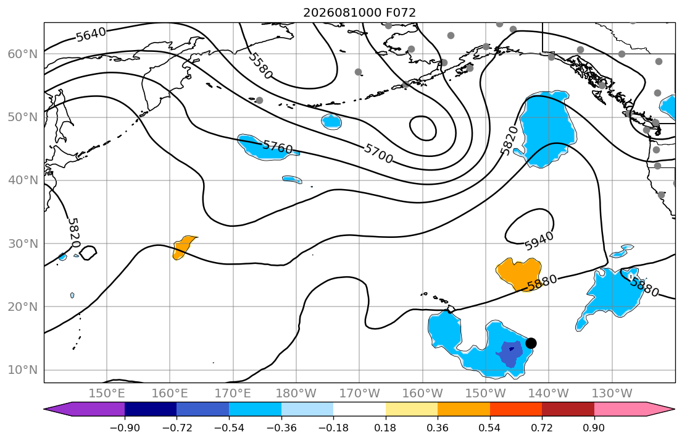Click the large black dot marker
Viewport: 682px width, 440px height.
[531, 343]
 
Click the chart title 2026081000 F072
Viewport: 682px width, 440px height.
[359, 12]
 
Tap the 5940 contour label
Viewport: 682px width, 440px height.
[539, 241]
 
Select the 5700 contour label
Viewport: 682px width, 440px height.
[378, 153]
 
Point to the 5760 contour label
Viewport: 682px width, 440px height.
[278, 147]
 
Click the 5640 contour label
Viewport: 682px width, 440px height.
[91, 34]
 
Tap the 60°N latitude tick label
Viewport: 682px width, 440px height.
[23, 54]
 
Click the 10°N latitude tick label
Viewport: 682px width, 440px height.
[23, 370]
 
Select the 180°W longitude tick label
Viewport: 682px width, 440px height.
[297, 394]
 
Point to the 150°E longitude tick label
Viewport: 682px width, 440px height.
[107, 394]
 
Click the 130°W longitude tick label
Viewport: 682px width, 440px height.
[612, 394]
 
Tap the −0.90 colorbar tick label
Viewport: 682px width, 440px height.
[125, 428]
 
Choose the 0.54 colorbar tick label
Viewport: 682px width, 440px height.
[490, 428]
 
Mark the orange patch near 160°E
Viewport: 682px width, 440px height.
[183, 247]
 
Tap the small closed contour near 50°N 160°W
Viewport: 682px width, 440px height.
[423, 128]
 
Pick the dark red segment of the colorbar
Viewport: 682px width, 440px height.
[568, 409]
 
